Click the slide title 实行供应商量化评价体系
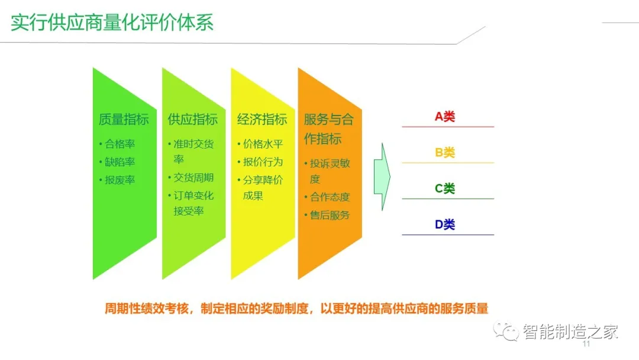[112, 22]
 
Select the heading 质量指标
[124, 119]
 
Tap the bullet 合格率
[120, 144]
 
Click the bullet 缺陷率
[120, 162]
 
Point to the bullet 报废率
[120, 179]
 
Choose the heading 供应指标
[193, 119]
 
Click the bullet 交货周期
[193, 178]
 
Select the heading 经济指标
[262, 119]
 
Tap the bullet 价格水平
[263, 144]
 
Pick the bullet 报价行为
[263, 162]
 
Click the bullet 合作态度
[330, 197]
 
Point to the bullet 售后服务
[330, 215]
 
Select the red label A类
[445, 117]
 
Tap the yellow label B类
[445, 153]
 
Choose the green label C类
[445, 189]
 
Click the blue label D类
[445, 224]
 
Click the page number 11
[587, 345]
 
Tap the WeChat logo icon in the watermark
[508, 332]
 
